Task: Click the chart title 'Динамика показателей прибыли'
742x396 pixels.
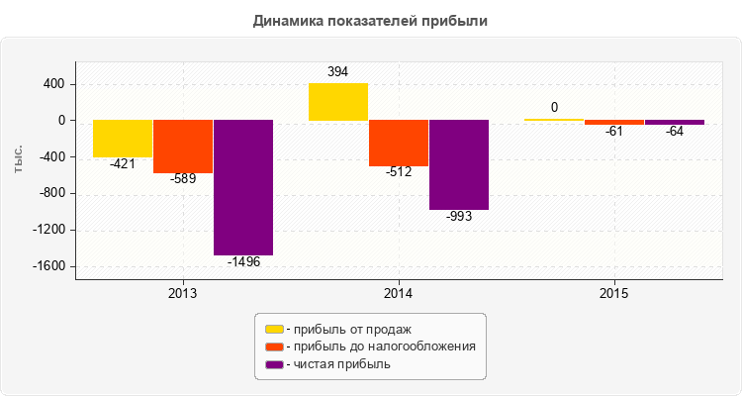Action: [x=371, y=20]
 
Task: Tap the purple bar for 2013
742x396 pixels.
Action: [x=243, y=187]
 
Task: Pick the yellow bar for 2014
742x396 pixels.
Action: [x=338, y=102]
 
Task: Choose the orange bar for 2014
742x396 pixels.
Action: [x=399, y=143]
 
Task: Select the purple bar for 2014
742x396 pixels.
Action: [x=459, y=164]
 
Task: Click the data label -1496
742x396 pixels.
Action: [x=243, y=262]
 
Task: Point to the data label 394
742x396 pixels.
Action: [x=338, y=72]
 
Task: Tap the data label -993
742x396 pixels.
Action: [x=459, y=217]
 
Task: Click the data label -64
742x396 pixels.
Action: [x=675, y=132]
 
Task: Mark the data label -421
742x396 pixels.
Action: [x=123, y=164]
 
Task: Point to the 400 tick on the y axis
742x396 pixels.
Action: [x=53, y=84]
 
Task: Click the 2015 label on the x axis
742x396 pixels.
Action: [x=614, y=294]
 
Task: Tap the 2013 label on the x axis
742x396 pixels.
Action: [x=183, y=294]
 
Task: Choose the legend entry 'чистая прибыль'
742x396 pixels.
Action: [x=336, y=364]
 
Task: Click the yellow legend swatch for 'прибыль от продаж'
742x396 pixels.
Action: [x=274, y=329]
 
